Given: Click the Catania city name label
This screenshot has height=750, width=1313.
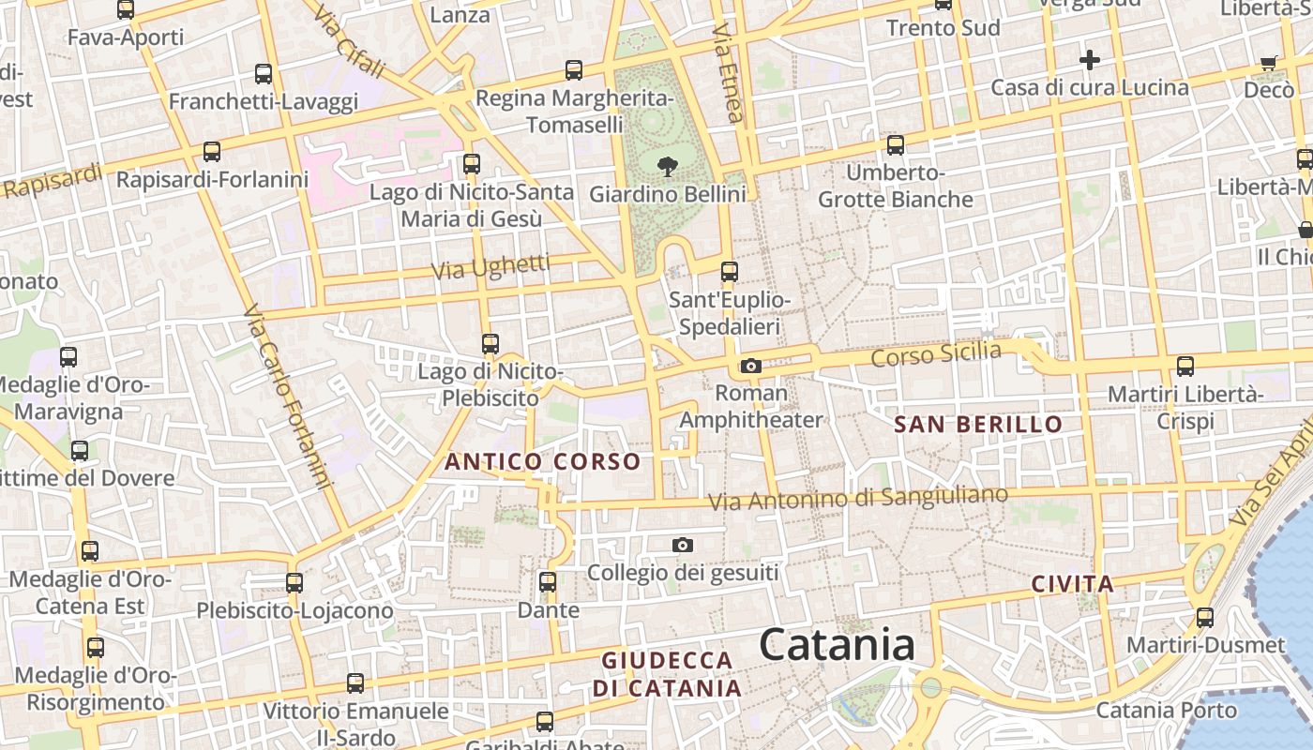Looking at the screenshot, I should [837, 645].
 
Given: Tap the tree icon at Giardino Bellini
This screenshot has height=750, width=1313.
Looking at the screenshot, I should [668, 168].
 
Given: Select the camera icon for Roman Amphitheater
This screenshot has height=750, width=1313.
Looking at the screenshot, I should [750, 366].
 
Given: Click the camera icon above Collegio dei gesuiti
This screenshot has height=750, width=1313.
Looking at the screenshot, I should [683, 545].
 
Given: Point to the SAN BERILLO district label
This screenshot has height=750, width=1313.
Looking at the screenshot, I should [978, 425].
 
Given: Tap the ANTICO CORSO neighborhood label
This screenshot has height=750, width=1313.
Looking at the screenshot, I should [542, 462].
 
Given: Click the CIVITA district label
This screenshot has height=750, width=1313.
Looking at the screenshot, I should [1073, 585].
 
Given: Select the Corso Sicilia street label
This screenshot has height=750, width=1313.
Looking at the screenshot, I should [936, 355].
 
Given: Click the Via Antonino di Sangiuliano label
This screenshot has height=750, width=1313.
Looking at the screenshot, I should [858, 499].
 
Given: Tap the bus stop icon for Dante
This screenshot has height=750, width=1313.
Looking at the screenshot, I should [548, 582].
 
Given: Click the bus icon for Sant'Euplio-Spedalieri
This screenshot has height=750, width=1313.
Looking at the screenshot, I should [729, 272].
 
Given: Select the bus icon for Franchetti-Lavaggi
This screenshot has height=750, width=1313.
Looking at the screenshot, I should [264, 73].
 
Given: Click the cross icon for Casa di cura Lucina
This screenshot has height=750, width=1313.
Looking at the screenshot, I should [1089, 61].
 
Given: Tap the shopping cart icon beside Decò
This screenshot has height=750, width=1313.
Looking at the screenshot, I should [1269, 63].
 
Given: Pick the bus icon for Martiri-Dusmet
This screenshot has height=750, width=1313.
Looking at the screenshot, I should [1205, 618].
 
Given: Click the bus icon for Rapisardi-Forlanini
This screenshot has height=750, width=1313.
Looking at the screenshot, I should [212, 151].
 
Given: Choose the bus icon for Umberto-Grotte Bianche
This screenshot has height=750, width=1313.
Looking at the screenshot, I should [896, 144].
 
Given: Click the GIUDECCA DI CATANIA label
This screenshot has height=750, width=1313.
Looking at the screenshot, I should [667, 674].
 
